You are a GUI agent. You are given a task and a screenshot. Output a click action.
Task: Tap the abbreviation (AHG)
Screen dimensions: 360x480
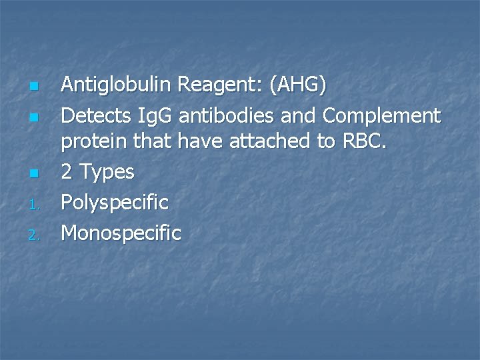298,85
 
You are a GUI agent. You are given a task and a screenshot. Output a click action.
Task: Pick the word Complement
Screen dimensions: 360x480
381,116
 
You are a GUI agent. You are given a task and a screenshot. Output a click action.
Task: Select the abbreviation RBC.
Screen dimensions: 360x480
365,141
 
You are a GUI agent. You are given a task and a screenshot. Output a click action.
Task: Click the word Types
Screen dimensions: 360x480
107,173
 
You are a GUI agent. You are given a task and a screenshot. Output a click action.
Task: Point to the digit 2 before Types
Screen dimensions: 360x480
67,172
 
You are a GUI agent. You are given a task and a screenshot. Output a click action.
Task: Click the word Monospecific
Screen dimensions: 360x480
121,233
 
